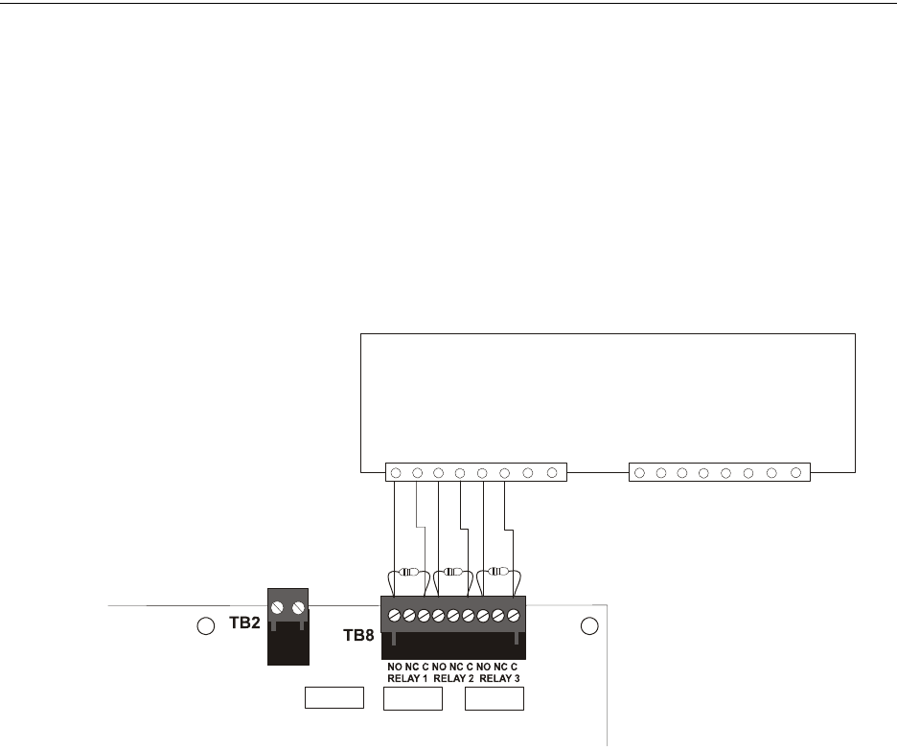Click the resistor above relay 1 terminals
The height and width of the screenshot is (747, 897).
(408, 572)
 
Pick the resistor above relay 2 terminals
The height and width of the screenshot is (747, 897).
(453, 572)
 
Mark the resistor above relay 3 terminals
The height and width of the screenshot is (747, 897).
(498, 572)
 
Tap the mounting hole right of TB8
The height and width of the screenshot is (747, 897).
(590, 626)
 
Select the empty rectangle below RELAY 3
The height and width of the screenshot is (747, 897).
(494, 698)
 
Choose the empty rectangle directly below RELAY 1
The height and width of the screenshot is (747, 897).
(412, 698)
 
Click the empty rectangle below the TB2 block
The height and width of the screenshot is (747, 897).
(334, 698)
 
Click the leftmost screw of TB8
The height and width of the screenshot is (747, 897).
(394, 614)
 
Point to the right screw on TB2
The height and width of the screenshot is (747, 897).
(299, 607)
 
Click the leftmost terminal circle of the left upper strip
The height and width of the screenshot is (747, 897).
(396, 472)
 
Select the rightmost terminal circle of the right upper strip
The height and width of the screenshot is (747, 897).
(795, 472)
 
